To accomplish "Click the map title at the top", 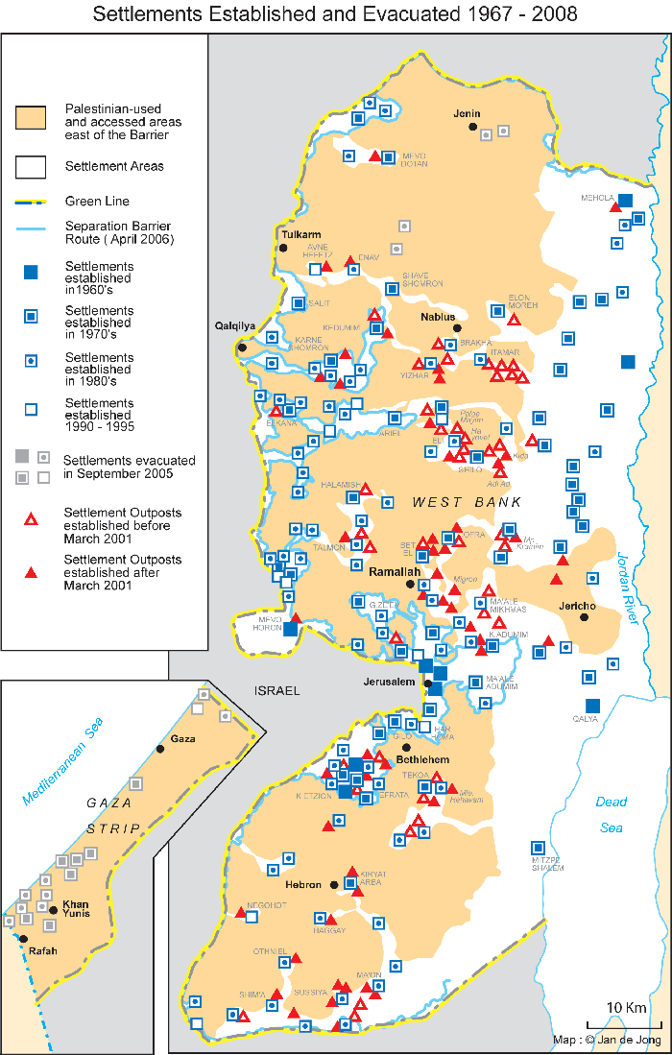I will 335,14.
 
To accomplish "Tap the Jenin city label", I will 467,113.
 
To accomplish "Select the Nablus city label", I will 437,315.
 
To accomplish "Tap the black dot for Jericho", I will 584,617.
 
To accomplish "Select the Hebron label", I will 304,884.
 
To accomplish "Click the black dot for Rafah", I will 23,939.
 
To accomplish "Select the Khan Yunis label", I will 75,909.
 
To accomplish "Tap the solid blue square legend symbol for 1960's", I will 31,274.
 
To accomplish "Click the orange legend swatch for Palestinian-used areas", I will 31,119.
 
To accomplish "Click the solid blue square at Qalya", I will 592,705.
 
